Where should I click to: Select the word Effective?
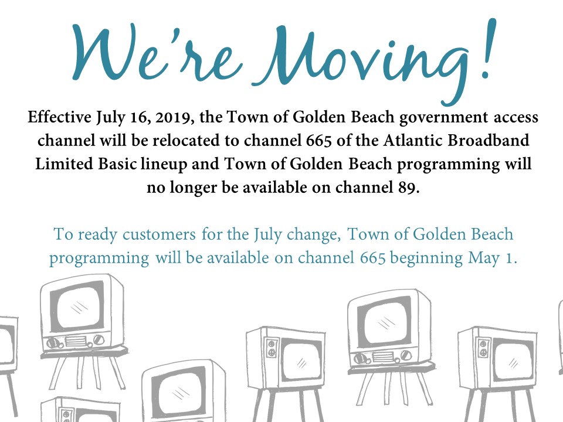60,117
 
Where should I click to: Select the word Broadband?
489,140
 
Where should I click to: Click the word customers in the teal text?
159,234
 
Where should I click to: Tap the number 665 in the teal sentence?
373,258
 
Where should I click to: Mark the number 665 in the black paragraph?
319,140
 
